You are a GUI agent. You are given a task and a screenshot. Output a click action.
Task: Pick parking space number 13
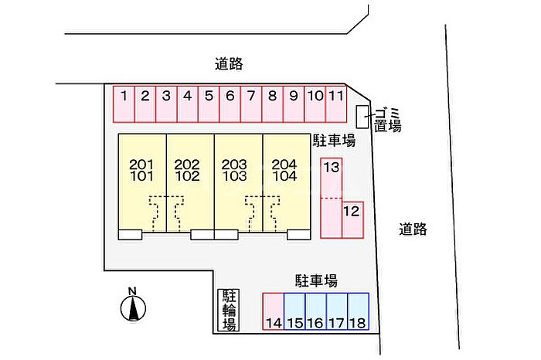pyautogui.click(x=332, y=178)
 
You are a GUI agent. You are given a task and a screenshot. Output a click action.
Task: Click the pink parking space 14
pyautogui.click(x=274, y=312)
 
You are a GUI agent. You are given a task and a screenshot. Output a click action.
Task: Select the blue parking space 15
pyautogui.click(x=294, y=312)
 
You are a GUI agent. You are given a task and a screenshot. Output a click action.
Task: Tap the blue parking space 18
pyautogui.click(x=359, y=312)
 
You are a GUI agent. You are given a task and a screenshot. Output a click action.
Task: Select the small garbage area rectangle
pyautogui.click(x=362, y=117)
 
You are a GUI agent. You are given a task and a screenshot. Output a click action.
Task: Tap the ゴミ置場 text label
pyautogui.click(x=387, y=118)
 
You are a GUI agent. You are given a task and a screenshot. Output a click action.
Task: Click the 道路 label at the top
pyautogui.click(x=231, y=64)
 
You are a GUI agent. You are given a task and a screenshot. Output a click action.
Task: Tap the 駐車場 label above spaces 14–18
pyautogui.click(x=315, y=280)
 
